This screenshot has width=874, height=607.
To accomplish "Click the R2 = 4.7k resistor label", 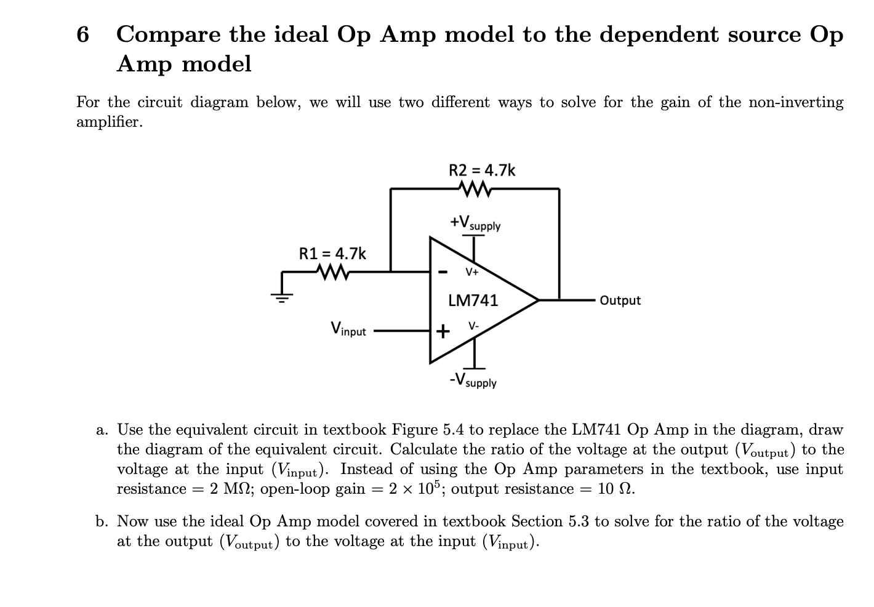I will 482,170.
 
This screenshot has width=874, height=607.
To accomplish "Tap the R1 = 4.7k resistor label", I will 332,253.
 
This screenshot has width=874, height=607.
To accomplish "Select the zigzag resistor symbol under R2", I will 475,188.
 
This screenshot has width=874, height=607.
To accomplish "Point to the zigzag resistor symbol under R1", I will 332,271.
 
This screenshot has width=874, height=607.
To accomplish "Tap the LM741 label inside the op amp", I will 473,300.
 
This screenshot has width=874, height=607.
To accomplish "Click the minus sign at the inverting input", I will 442,271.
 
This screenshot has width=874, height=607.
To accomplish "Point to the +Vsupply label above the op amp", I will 475,223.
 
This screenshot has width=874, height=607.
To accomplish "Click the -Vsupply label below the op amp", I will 473,380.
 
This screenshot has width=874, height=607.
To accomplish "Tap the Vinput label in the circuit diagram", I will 348,329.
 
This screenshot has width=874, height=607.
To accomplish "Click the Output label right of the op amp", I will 620,300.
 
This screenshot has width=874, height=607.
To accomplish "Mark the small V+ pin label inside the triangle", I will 472,271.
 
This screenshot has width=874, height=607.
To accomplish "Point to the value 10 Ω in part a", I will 616,489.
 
